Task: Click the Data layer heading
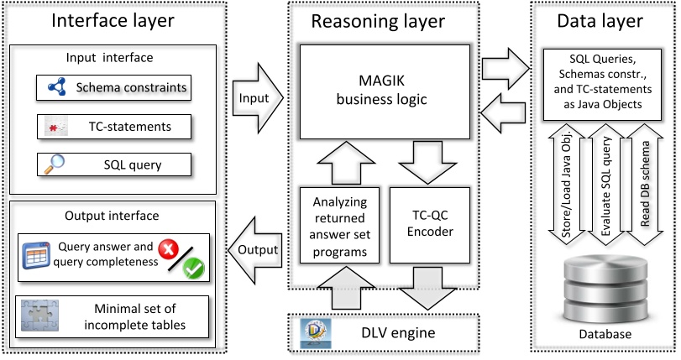click(602, 22)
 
